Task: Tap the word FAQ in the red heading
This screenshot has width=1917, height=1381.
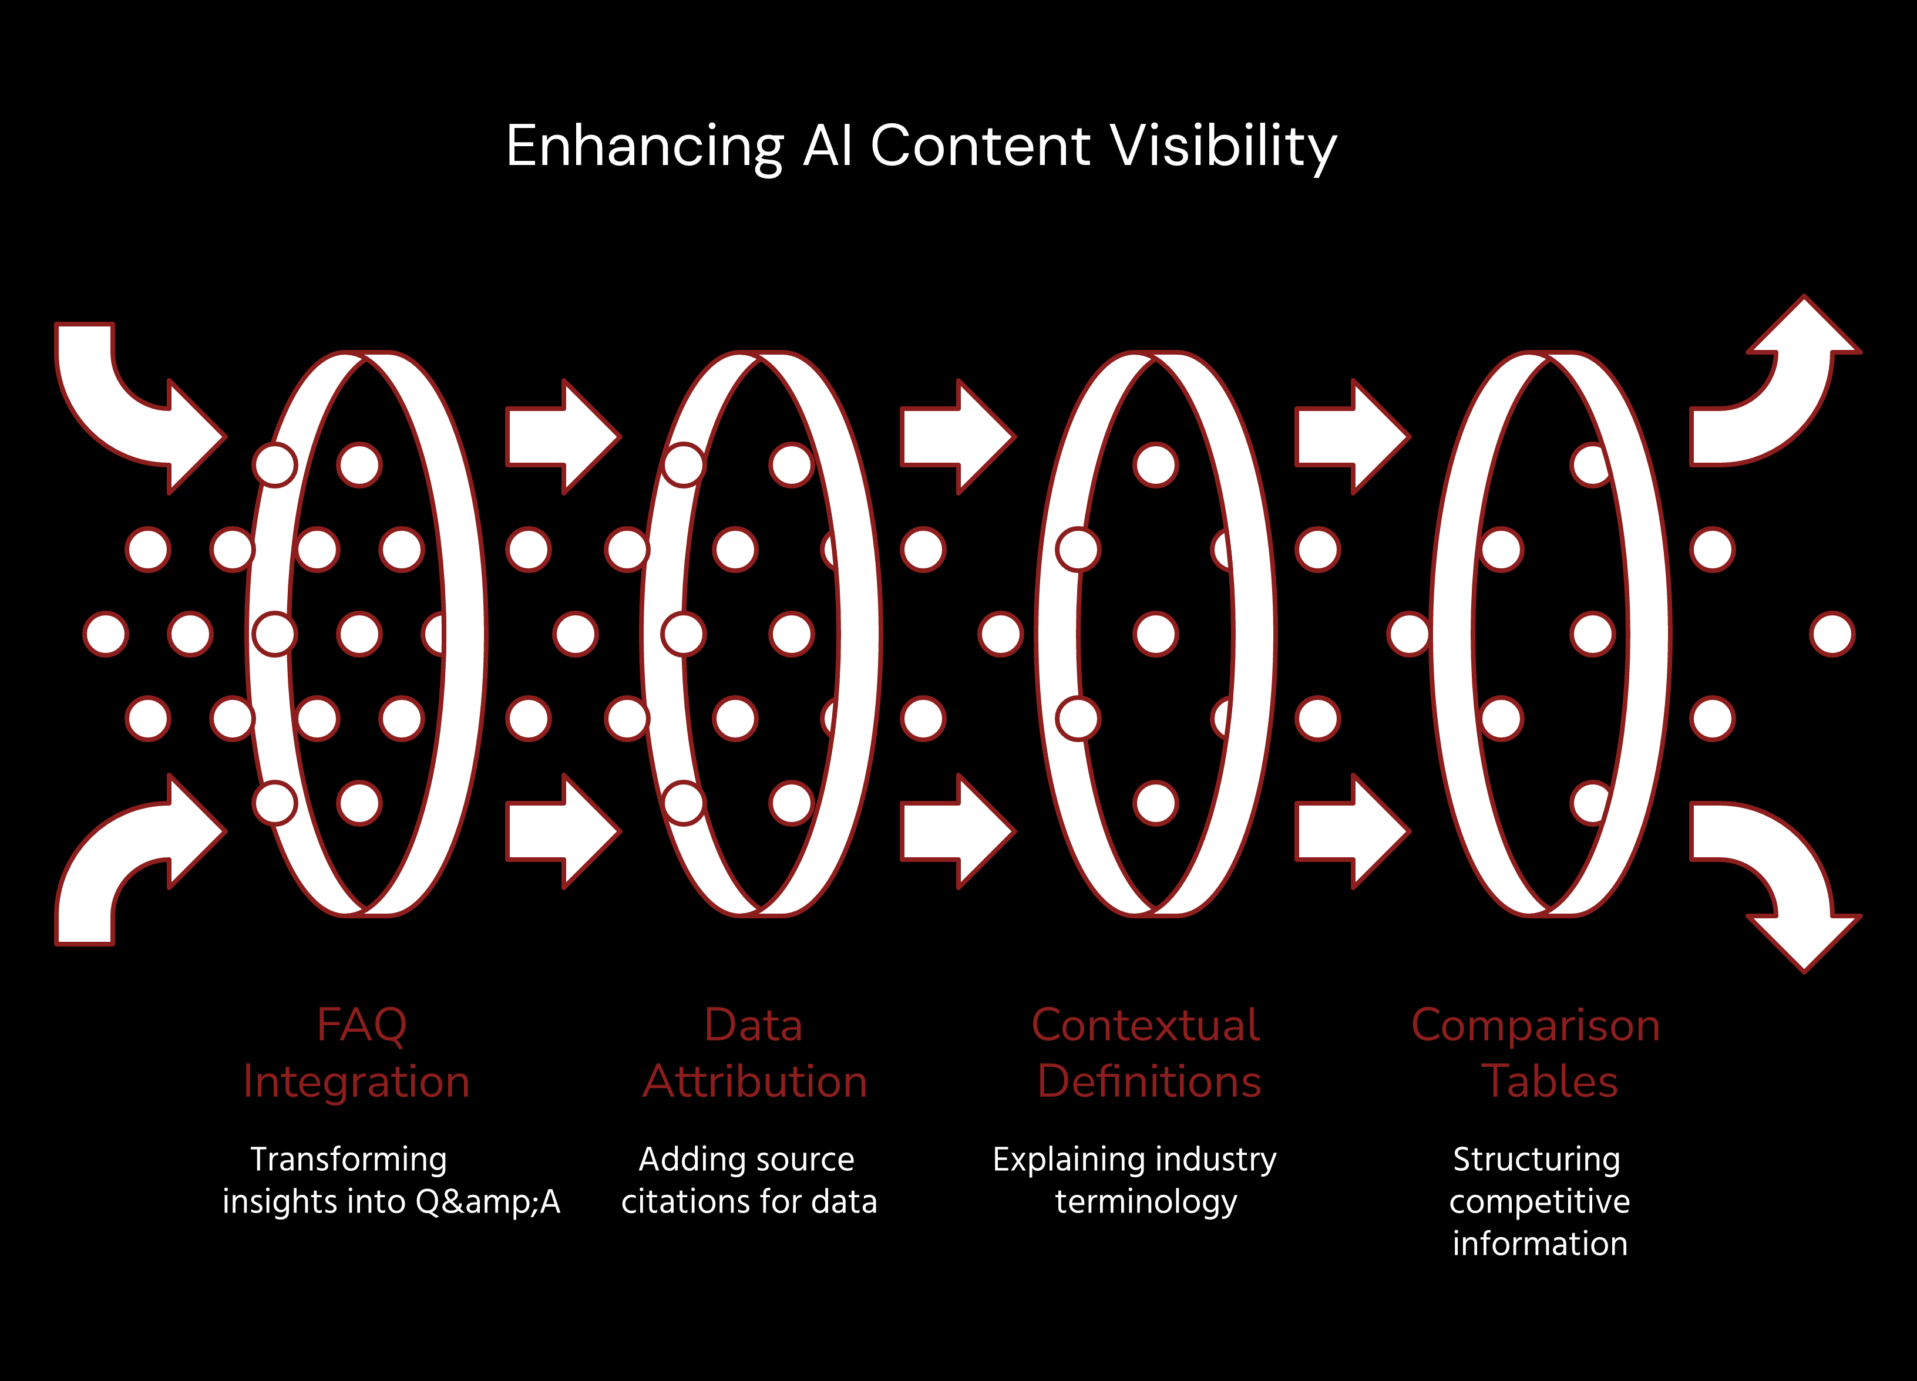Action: coord(362,1026)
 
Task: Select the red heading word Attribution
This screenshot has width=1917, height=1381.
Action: coord(755,1082)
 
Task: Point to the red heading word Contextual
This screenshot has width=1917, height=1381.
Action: coord(1145,1025)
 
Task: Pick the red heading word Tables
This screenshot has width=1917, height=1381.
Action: coord(1549,1082)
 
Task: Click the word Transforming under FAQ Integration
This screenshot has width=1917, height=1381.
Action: coord(348,1160)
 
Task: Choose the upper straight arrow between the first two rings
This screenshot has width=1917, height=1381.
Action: coord(563,437)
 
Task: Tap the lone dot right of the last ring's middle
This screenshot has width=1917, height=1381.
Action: coord(1832,635)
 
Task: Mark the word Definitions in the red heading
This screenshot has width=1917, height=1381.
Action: coord(1149,1082)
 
